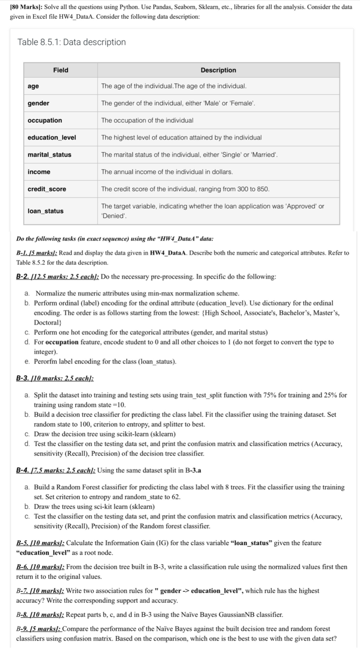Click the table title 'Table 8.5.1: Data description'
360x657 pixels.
click(72, 42)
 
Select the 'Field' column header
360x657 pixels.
click(61, 70)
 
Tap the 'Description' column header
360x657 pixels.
click(218, 70)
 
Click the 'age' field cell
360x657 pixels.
click(33, 86)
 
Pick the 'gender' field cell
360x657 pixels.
click(38, 103)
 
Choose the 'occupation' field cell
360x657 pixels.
click(45, 120)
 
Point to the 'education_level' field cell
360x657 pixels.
click(52, 138)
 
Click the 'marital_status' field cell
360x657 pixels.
click(49, 155)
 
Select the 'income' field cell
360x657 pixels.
click(39, 172)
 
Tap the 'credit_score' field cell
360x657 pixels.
click(47, 189)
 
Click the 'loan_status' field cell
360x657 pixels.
click(45, 211)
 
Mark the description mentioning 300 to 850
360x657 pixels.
click(185, 189)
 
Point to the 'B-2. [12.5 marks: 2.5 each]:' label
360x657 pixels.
click(57, 277)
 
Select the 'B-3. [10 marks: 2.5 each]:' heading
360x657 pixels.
click(55, 378)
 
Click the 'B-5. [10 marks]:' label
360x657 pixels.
click(40, 543)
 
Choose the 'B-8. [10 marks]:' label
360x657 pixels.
click(40, 614)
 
